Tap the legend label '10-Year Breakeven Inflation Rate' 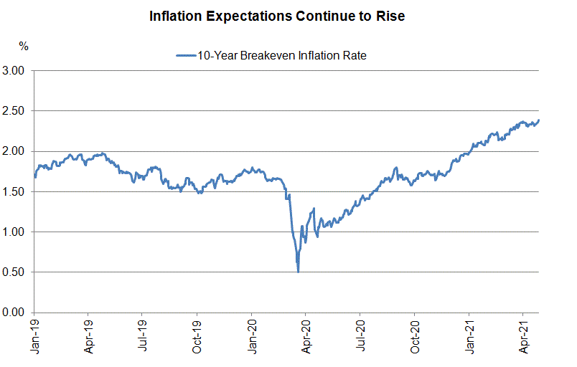coord(282,54)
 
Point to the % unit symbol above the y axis coord(24,46)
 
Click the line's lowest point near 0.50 coord(298,272)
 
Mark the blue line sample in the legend coord(185,55)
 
